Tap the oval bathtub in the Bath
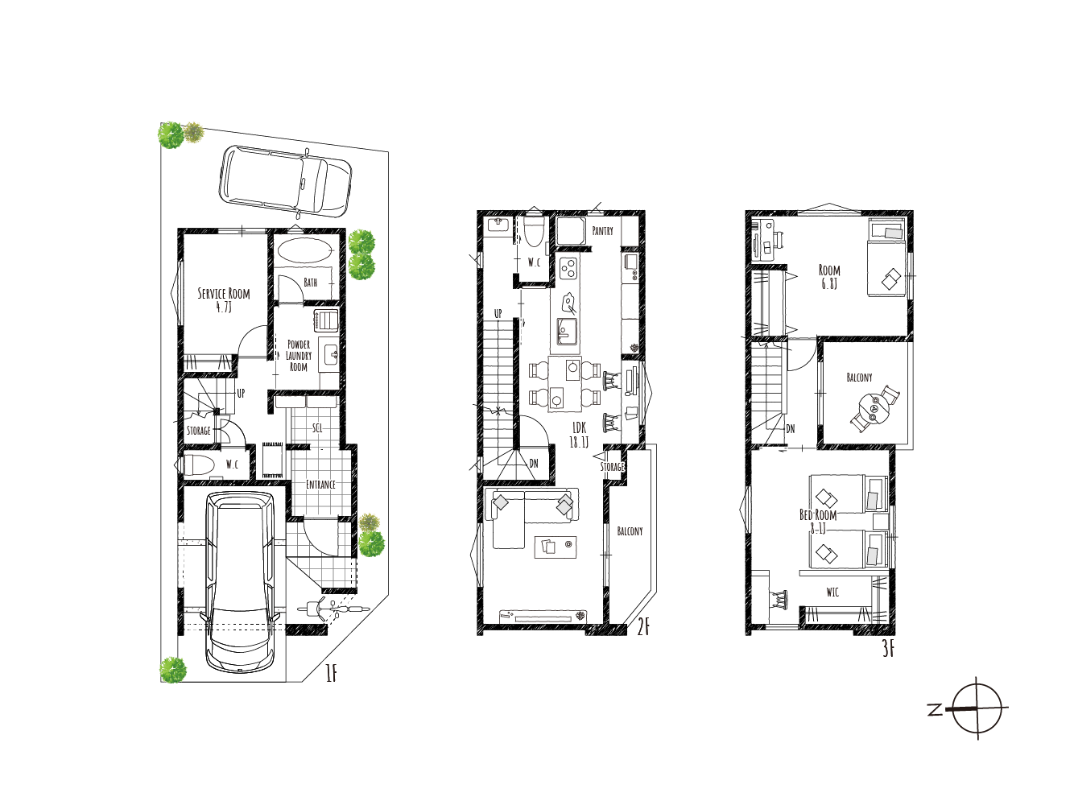pos(306,251)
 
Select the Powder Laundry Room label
pos(299,356)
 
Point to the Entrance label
pos(320,484)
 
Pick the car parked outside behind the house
pos(285,181)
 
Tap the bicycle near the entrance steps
pos(333,609)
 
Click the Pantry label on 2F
pos(602,231)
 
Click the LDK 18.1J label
pos(579,435)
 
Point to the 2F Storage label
pos(612,467)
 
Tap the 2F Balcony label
pos(630,530)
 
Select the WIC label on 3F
pos(832,592)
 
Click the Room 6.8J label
pos(829,277)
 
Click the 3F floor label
pos(889,649)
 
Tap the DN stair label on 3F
pos(791,428)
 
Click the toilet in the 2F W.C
pos(533,231)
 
